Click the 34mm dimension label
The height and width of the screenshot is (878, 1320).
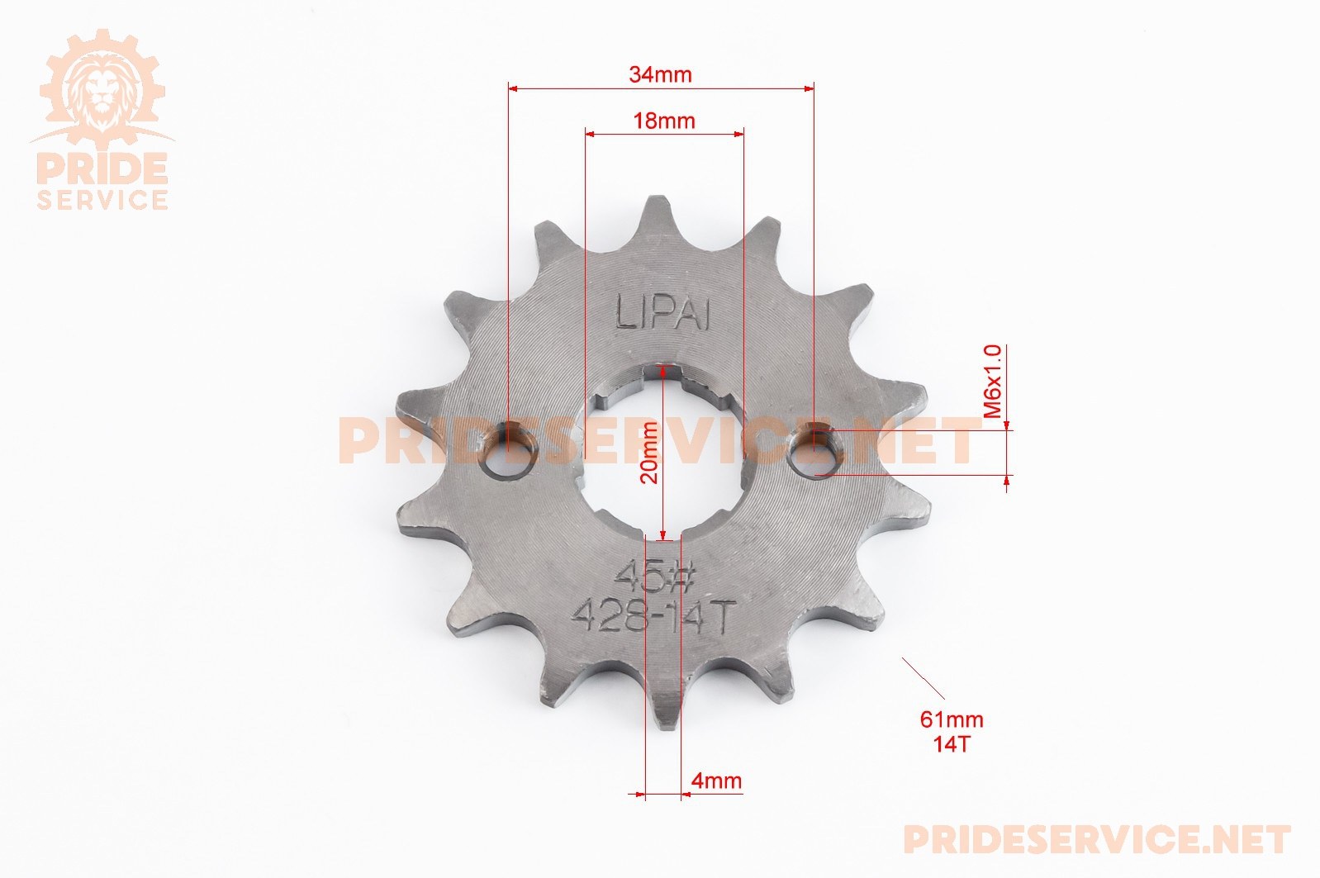tap(660, 75)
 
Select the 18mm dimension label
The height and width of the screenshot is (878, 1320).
tap(664, 121)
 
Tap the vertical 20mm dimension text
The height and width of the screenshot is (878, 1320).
tap(649, 453)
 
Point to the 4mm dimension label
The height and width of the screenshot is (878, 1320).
tap(716, 781)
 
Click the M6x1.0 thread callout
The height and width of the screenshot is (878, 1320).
tap(994, 382)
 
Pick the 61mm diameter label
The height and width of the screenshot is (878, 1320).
tap(952, 719)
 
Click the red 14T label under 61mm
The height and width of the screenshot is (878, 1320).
tap(951, 745)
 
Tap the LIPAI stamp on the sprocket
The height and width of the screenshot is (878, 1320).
tap(663, 311)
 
